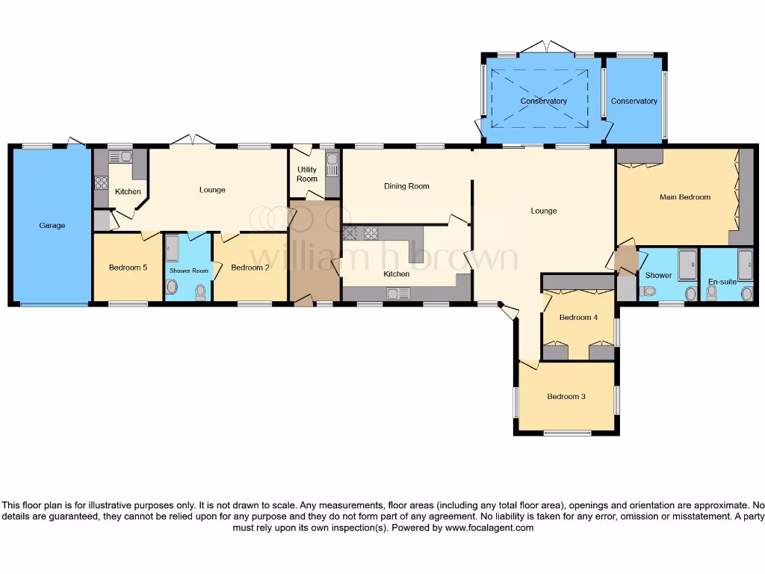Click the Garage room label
[x=52, y=225]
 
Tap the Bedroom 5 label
[x=126, y=268]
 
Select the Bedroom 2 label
[x=250, y=268]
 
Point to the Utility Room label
[x=307, y=174]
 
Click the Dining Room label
[x=406, y=186]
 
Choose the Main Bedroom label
[x=684, y=197]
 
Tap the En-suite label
[x=722, y=282]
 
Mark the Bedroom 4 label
[x=578, y=318]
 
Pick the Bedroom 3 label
[x=566, y=396]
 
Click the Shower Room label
[x=189, y=271]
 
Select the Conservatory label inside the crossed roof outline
[x=543, y=101]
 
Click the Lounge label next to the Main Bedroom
[x=543, y=211]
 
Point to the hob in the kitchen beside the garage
[x=100, y=183]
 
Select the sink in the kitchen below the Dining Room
[x=395, y=294]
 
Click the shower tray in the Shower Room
[x=172, y=247]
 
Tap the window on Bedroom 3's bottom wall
[x=566, y=433]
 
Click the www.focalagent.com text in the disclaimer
[x=489, y=528]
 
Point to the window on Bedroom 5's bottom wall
[x=127, y=303]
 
